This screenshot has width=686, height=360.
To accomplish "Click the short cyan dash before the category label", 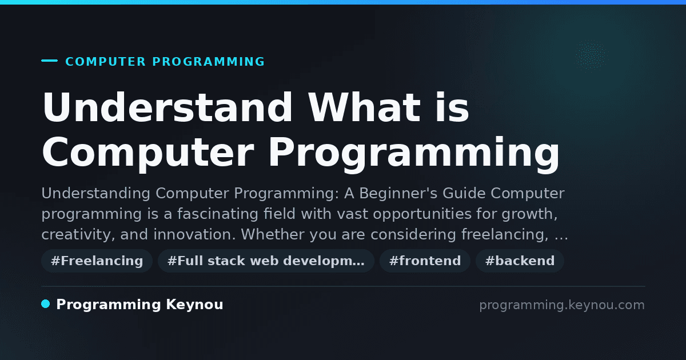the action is click(x=49, y=61).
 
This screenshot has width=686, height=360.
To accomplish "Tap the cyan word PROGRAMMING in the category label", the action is click(x=208, y=62).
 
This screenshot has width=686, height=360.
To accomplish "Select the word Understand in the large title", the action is click(x=167, y=107).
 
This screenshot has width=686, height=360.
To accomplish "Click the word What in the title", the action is click(x=364, y=107).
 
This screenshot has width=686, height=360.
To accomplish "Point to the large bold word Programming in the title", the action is click(x=414, y=155).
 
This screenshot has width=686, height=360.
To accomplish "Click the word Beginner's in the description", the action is click(x=398, y=194).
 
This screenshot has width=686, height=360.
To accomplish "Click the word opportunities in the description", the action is click(x=422, y=214).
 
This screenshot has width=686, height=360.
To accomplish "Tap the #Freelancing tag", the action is click(x=97, y=261).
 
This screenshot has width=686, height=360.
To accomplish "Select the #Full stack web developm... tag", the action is click(x=266, y=261).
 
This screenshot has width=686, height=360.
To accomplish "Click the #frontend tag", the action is click(x=425, y=261).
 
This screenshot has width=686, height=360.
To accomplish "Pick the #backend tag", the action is click(x=520, y=261).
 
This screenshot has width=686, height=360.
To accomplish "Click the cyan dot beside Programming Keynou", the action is click(x=46, y=304).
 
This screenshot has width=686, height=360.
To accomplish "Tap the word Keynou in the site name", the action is click(x=194, y=305).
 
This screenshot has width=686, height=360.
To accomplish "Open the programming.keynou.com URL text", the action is click(x=562, y=305).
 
